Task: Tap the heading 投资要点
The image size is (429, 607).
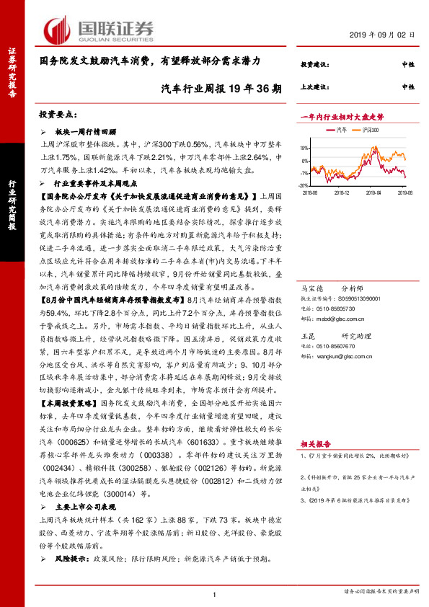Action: (58, 115)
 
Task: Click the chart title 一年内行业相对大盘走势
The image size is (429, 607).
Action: (341, 116)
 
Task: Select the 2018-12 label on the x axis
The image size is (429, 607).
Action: (342, 192)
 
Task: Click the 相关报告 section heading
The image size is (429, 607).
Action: (314, 446)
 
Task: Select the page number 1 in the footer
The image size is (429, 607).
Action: (215, 593)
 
